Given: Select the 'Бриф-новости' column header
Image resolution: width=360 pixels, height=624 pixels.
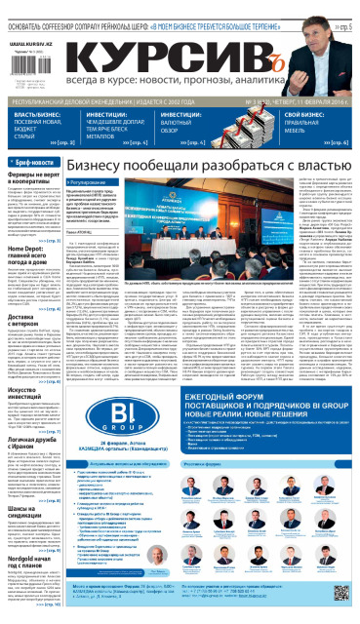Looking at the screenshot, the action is pyautogui.click(x=36, y=161).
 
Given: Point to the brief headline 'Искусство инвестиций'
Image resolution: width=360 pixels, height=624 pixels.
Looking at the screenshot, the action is pyautogui.click(x=29, y=386).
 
